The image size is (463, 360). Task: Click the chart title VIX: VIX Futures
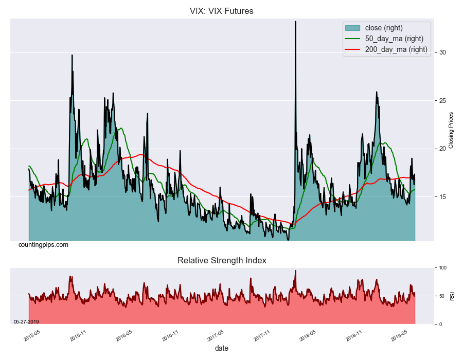pos(222,11)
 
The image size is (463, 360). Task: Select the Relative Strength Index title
pos(222,261)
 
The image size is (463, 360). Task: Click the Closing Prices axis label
pos(451,130)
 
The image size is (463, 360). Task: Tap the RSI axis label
pos(452,296)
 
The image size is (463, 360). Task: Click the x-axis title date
pos(222,348)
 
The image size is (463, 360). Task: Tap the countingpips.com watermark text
pos(43,245)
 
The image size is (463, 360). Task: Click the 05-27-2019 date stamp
pos(26,322)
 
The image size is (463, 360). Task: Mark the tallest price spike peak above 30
pos(295,22)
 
